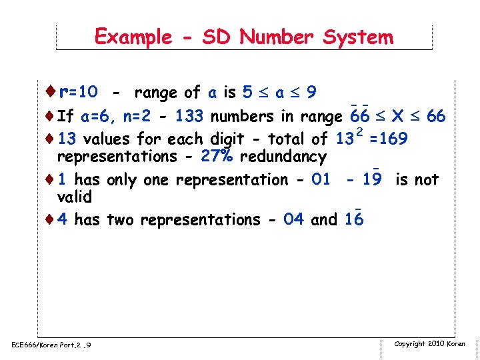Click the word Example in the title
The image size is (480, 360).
click(133, 37)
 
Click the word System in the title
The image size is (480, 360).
click(358, 37)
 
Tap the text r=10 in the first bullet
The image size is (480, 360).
click(79, 91)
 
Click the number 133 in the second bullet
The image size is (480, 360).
click(189, 117)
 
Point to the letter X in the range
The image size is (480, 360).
click(397, 117)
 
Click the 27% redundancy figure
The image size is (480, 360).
click(215, 157)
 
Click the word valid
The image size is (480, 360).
click(74, 197)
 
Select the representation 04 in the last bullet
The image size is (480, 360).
click(293, 220)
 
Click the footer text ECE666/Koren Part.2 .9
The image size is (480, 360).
click(51, 345)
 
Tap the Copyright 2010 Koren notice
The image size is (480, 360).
click(429, 344)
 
